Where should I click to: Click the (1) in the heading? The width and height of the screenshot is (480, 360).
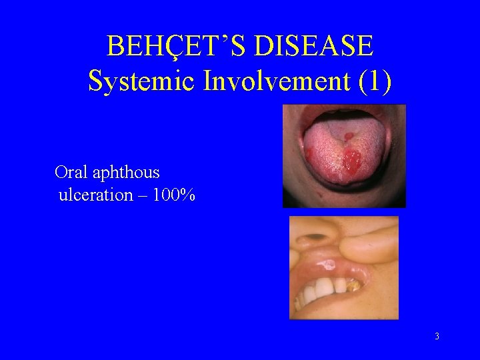[375, 81]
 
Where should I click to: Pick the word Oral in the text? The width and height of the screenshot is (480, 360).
[71, 173]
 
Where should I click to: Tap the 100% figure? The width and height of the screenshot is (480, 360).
[175, 196]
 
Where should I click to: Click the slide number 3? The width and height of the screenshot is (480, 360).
[437, 337]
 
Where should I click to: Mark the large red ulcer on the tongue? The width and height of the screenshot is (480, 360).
[352, 160]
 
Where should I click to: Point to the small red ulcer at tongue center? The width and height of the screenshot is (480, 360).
[347, 137]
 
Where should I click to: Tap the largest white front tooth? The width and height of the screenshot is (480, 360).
[323, 289]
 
